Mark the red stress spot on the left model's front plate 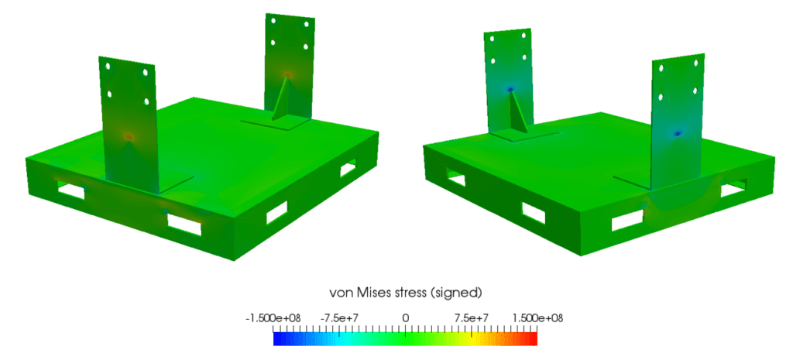pyautogui.click(x=129, y=135)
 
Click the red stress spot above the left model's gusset pyautogui.click(x=288, y=75)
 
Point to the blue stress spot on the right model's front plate pyautogui.click(x=678, y=133)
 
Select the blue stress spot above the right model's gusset pyautogui.click(x=510, y=90)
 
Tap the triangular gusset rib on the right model pyautogui.click(x=517, y=116)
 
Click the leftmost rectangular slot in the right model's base pyautogui.click(x=455, y=180)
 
